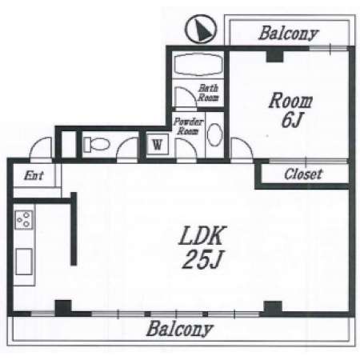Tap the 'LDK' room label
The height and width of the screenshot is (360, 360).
pyautogui.click(x=202, y=236)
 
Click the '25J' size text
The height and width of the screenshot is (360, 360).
pyautogui.click(x=202, y=259)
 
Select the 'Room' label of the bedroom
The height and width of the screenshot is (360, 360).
pyautogui.click(x=290, y=101)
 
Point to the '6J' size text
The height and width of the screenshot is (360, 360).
pyautogui.click(x=291, y=120)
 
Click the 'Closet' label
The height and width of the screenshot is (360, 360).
pyautogui.click(x=304, y=174)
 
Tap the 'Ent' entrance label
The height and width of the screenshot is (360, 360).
pyautogui.click(x=34, y=175)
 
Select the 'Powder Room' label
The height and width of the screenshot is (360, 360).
pyautogui.click(x=188, y=126)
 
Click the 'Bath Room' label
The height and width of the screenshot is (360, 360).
pyautogui.click(x=208, y=93)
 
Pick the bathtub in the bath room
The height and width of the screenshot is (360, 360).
pyautogui.click(x=198, y=65)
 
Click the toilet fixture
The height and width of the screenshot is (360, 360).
pyautogui.click(x=96, y=145)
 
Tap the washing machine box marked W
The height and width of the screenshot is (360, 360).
pyautogui.click(x=158, y=144)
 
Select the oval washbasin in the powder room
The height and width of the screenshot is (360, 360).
pyautogui.click(x=214, y=135)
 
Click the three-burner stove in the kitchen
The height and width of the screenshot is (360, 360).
pyautogui.click(x=24, y=219)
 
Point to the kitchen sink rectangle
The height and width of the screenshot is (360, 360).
pyautogui.click(x=24, y=262)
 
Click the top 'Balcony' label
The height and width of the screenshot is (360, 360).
pyautogui.click(x=289, y=34)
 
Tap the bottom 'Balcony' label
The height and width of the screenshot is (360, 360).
pyautogui.click(x=180, y=329)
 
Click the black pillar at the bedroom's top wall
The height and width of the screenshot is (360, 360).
pyautogui.click(x=274, y=56)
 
